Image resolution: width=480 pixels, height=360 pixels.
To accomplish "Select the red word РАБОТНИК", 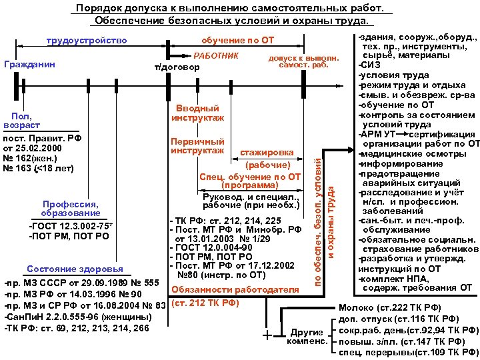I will click(215, 54).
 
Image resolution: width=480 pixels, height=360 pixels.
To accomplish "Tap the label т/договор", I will click(176, 67).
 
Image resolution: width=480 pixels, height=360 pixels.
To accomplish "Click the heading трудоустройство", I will click(87, 41).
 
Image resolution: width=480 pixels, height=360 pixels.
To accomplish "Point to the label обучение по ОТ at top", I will click(237, 41).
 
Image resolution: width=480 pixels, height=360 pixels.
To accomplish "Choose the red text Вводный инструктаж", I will click(197, 113).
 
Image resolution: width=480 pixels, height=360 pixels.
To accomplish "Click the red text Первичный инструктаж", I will click(197, 146).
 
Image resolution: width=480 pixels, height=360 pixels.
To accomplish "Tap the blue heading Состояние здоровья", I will click(74, 269).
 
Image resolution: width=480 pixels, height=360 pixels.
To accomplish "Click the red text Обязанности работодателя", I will click(235, 289).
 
